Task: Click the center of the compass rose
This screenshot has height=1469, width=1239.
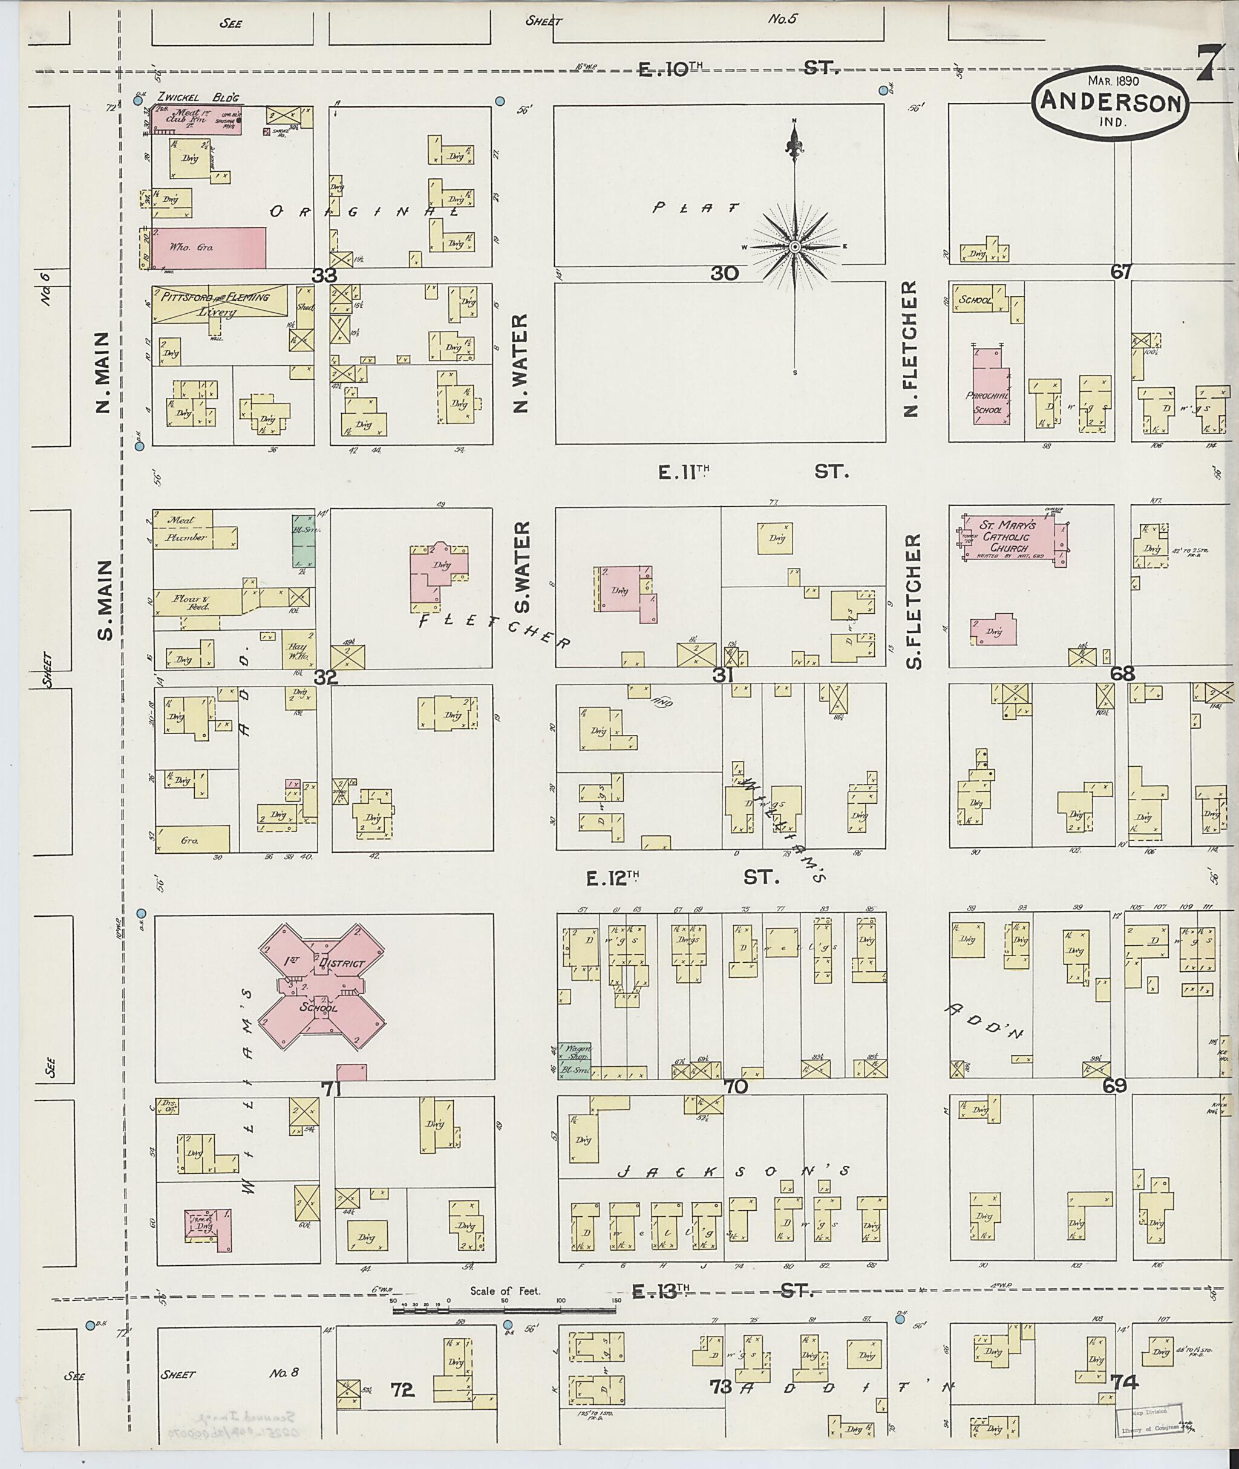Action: point(794,247)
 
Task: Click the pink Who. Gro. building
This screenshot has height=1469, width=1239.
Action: point(209,247)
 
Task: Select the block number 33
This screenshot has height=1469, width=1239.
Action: point(324,276)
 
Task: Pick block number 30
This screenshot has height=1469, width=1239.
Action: point(724,274)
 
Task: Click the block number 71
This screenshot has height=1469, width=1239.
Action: point(330,1089)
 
